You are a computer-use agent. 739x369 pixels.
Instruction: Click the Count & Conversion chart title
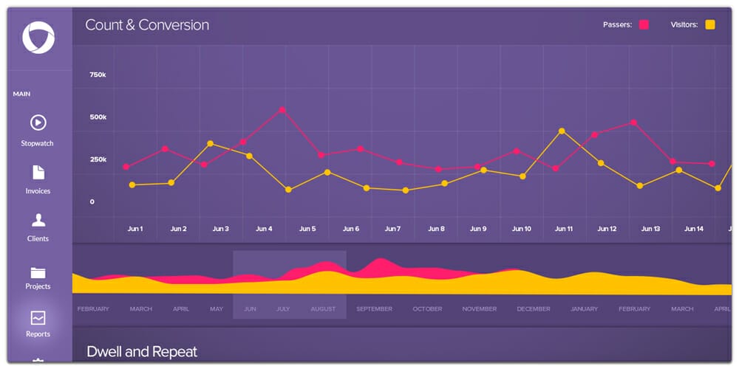pyautogui.click(x=147, y=25)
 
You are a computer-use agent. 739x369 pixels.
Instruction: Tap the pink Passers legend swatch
pyautogui.click(x=644, y=25)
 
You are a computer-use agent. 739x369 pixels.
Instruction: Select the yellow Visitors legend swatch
pyautogui.click(x=710, y=25)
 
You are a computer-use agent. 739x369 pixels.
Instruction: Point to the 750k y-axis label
pyautogui.click(x=98, y=75)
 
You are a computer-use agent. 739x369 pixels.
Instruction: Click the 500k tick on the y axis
pyautogui.click(x=98, y=117)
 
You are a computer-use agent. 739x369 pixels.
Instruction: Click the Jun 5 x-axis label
pyautogui.click(x=307, y=229)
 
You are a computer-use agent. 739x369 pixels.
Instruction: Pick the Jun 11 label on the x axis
pyautogui.click(x=564, y=229)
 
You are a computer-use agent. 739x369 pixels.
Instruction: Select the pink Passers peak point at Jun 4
pyautogui.click(x=282, y=110)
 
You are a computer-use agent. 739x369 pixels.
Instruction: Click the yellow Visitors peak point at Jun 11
pyautogui.click(x=562, y=131)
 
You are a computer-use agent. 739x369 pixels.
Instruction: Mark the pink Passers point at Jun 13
pyautogui.click(x=633, y=123)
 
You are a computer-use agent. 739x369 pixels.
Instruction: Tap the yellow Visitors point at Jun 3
pyautogui.click(x=211, y=144)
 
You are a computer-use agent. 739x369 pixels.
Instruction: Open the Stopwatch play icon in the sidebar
pyautogui.click(x=38, y=123)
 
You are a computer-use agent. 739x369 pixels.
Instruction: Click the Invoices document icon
pyautogui.click(x=38, y=172)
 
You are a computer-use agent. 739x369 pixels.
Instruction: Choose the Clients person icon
pyautogui.click(x=38, y=220)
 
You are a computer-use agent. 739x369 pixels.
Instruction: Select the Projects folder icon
pyautogui.click(x=38, y=272)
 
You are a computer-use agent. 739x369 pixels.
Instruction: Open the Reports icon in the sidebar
pyautogui.click(x=38, y=318)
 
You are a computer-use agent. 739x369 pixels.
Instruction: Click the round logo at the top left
pyautogui.click(x=38, y=38)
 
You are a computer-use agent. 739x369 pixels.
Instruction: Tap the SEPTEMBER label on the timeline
pyautogui.click(x=374, y=309)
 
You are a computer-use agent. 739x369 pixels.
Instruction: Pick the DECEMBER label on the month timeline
pyautogui.click(x=534, y=309)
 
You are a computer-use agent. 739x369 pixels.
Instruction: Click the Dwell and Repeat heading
pyautogui.click(x=142, y=352)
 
